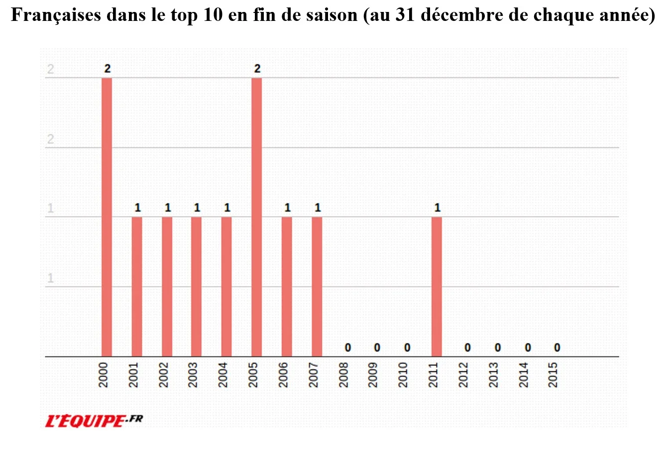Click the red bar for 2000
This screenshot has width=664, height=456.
tap(107, 217)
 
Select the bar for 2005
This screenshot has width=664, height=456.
tap(256, 217)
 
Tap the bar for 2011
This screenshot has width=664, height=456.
tap(437, 287)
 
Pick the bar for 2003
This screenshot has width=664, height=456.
tap(197, 287)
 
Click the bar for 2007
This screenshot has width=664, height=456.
tap(317, 287)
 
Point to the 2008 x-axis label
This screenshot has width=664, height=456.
tap(344, 375)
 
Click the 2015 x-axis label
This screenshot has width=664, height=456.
tap(553, 375)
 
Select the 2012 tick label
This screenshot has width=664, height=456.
tap(464, 375)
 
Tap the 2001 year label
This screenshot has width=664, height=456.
tap(134, 375)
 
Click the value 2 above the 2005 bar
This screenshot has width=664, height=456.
tap(257, 69)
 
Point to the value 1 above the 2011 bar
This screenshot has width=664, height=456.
tap(437, 208)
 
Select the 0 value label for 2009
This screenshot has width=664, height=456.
tap(377, 347)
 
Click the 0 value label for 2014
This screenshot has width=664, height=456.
tap(527, 347)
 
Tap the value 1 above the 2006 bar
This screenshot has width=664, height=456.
tap(287, 208)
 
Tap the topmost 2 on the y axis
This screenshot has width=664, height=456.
tap(50, 69)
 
